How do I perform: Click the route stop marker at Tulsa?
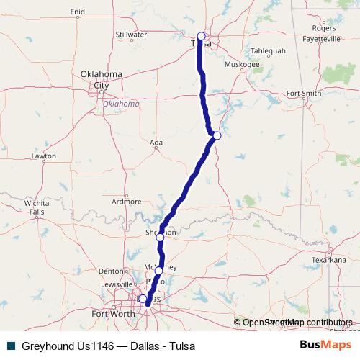(x=201, y=36)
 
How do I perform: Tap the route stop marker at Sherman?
(x=161, y=236)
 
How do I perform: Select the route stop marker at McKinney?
(x=159, y=271)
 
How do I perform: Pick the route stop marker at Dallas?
(x=143, y=298)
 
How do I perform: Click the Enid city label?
(x=78, y=12)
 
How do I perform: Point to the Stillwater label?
(x=131, y=34)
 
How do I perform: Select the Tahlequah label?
(x=269, y=51)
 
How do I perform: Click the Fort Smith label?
(x=303, y=93)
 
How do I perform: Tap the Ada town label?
(x=155, y=143)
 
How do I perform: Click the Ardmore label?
(x=127, y=202)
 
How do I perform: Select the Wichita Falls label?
(x=35, y=207)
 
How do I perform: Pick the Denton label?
(x=111, y=271)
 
